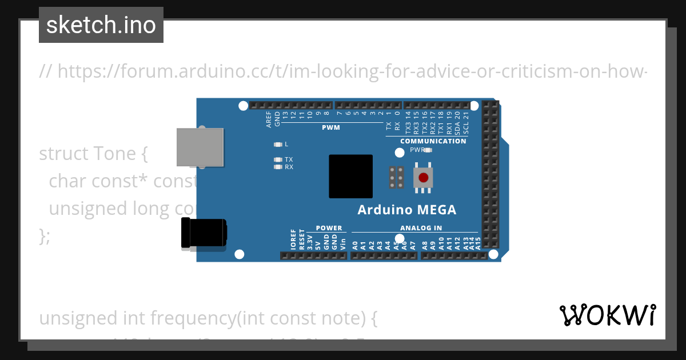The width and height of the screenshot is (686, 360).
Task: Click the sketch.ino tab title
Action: [101, 25]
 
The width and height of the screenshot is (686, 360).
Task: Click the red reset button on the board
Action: [423, 177]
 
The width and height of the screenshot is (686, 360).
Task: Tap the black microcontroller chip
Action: [350, 177]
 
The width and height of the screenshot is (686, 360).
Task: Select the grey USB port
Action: [200, 147]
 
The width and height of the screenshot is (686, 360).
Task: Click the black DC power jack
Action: [203, 234]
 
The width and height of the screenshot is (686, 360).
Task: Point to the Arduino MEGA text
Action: [407, 210]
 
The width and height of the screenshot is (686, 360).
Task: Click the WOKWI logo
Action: [607, 315]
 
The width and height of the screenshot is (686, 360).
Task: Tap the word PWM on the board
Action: [330, 127]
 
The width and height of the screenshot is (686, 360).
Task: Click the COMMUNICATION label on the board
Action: [433, 141]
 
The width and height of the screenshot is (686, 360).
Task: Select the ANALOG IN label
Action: [421, 228]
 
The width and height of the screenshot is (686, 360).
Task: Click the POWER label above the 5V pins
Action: [329, 228]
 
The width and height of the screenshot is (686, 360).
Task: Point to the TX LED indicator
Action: [278, 159]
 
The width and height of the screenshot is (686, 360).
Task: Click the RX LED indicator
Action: [278, 167]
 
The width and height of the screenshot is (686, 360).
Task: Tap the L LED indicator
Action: [278, 144]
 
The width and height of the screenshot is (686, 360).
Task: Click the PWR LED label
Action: [417, 150]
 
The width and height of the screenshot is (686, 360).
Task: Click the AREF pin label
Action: [269, 117]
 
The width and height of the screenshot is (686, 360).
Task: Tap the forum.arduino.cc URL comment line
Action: [343, 71]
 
